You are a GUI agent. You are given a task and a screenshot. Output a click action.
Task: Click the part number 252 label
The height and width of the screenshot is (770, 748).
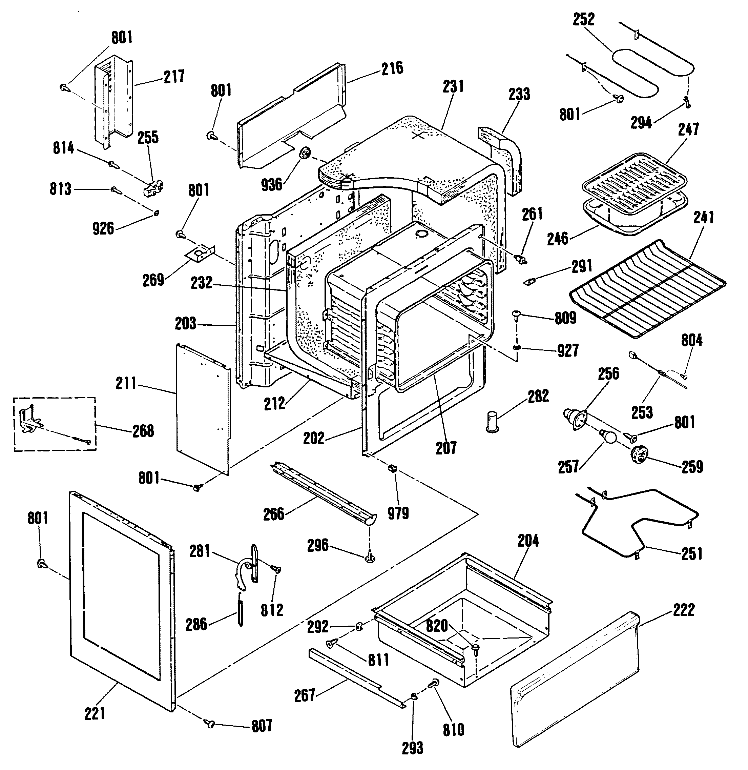[x=584, y=19]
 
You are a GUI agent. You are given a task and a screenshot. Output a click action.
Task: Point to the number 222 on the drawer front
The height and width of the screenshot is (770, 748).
[x=684, y=610]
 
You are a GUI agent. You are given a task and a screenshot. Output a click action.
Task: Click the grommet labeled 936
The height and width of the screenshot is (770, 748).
[x=305, y=154]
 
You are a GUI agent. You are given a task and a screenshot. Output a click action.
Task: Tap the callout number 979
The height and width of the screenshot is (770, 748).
[x=398, y=513]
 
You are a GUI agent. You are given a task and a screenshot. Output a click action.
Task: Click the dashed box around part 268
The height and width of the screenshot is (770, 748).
[x=55, y=424]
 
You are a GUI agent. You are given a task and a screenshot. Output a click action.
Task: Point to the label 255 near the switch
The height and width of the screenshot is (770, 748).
[x=148, y=138]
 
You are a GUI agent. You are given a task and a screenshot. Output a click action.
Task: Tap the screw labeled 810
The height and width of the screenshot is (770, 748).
[x=435, y=684]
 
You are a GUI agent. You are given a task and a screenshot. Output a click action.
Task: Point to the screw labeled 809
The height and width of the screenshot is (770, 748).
[x=517, y=315]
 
